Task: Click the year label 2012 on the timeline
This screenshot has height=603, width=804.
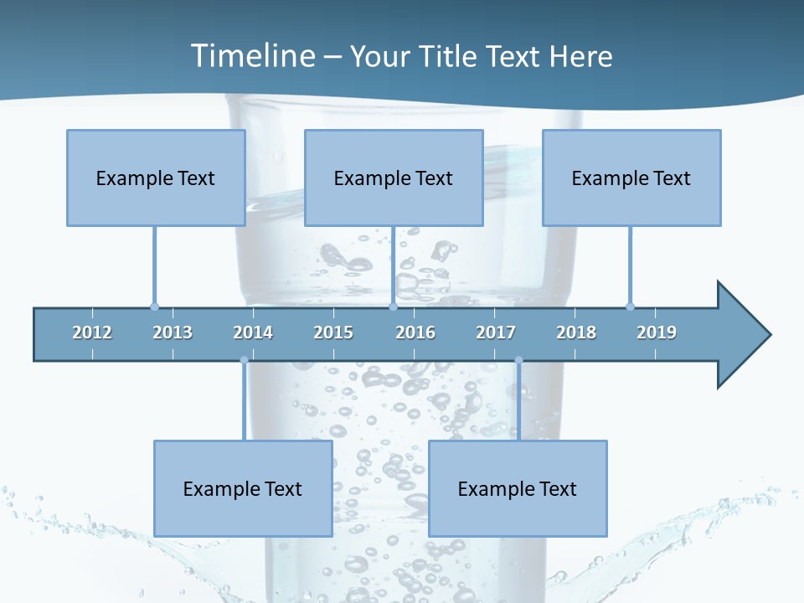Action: [92, 332]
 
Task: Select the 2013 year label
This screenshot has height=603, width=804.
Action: [173, 332]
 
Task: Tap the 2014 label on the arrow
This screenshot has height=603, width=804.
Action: [253, 332]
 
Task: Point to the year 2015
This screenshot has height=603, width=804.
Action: [333, 332]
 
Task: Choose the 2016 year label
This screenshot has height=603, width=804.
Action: [415, 332]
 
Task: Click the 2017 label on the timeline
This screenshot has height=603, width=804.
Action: [496, 332]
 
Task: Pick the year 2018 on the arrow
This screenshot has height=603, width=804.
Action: [576, 332]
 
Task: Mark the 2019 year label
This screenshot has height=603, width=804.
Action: [657, 332]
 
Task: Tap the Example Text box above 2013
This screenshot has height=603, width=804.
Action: [156, 178]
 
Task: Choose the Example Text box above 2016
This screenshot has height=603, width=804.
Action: [394, 178]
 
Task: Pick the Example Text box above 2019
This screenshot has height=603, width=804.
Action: [631, 178]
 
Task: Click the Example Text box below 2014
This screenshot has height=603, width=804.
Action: [243, 488]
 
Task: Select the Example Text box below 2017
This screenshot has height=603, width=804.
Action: [518, 488]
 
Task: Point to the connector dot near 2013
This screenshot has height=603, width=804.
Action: [154, 307]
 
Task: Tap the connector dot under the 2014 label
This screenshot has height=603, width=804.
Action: [244, 360]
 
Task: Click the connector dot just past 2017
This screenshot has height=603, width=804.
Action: [518, 360]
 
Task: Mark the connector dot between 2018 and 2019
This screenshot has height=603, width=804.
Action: [630, 307]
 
